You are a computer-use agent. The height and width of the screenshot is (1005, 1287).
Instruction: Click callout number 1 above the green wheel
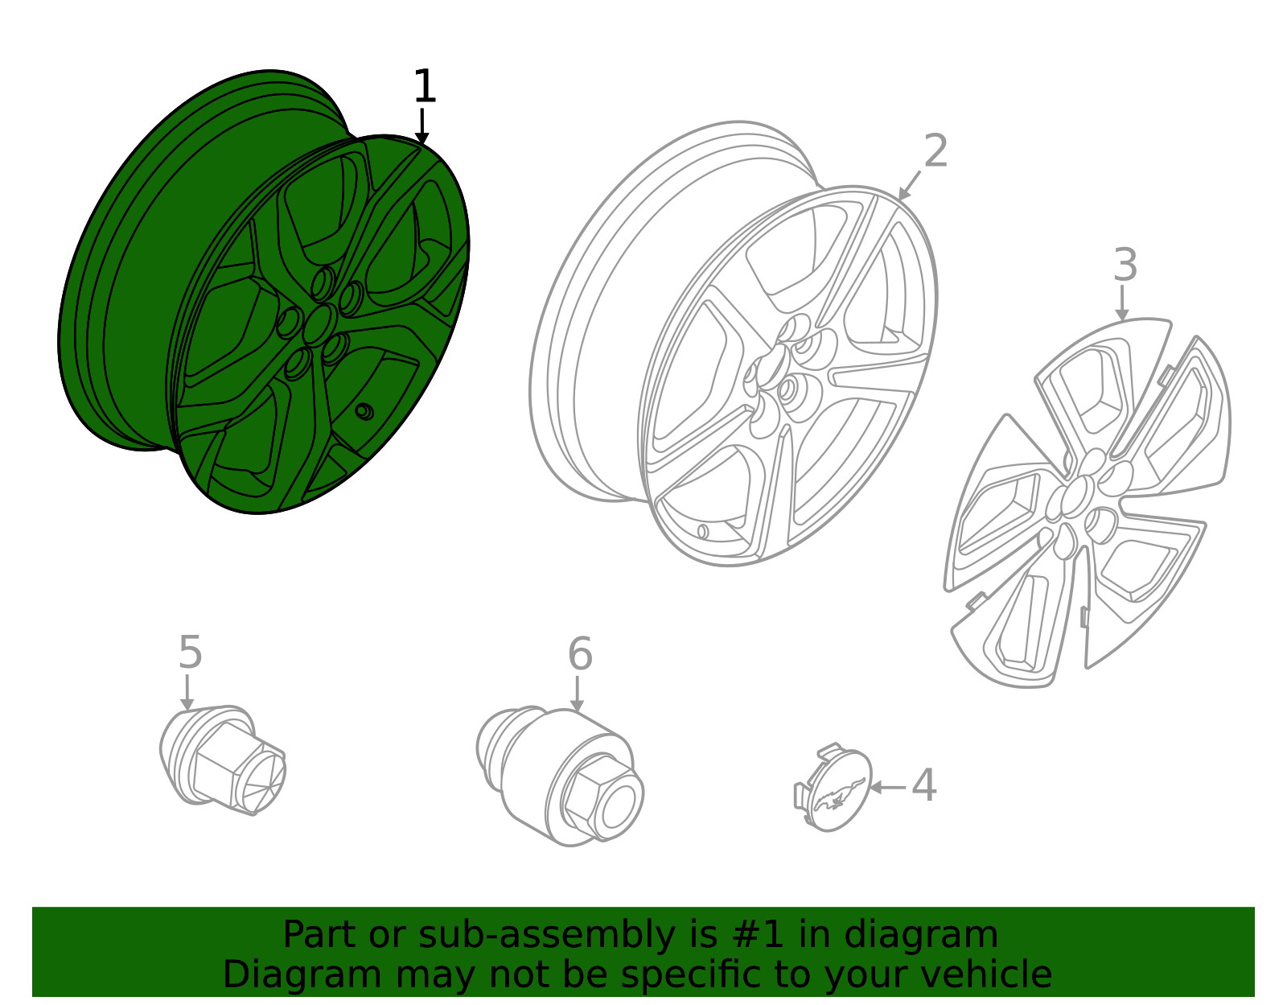click(x=424, y=87)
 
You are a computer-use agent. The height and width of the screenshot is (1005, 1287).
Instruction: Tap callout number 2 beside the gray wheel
click(x=935, y=151)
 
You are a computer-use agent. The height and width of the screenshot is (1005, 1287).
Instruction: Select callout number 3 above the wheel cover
click(x=1125, y=266)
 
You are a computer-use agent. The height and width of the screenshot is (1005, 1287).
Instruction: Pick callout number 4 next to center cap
click(x=923, y=785)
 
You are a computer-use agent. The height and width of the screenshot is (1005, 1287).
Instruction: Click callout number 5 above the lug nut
click(x=190, y=653)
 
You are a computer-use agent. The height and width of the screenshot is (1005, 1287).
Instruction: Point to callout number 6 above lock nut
click(x=579, y=654)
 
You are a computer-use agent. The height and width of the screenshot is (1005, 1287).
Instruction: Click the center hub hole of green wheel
click(x=319, y=324)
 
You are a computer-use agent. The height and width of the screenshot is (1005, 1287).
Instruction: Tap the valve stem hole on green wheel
click(x=364, y=411)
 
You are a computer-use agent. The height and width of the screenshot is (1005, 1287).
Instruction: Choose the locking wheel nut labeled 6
click(x=563, y=777)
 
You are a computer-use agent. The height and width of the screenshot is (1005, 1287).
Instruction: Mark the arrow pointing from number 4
click(x=887, y=787)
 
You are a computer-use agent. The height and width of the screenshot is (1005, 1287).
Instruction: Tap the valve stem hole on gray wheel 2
click(x=702, y=531)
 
